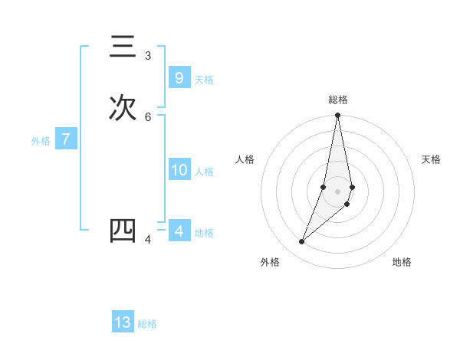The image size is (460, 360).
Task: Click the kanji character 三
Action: coord(123,47)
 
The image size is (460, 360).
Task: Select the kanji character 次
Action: coord(123,108)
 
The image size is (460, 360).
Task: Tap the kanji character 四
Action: coord(123,231)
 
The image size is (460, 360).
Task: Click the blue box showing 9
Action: coord(179,77)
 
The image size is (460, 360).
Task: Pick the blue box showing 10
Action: coord(179,170)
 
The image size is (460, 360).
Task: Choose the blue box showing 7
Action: coord(66,139)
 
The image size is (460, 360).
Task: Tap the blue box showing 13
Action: coord(123,322)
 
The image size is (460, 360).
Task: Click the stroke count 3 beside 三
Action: coord(148,56)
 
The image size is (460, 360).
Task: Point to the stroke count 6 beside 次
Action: coord(148,116)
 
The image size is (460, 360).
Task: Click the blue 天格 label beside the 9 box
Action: coord(204,80)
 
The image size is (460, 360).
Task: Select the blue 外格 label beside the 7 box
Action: coord(41,141)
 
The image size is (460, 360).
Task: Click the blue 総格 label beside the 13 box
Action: coord(147,324)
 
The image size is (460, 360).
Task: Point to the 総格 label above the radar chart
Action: coord(338,100)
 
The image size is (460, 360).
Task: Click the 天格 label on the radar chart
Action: coord(431,159)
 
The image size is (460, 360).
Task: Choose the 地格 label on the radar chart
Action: coord(402,263)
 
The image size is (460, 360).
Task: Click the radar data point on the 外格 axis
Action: coord(302,242)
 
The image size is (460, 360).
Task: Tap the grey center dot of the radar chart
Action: coord(338,191)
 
